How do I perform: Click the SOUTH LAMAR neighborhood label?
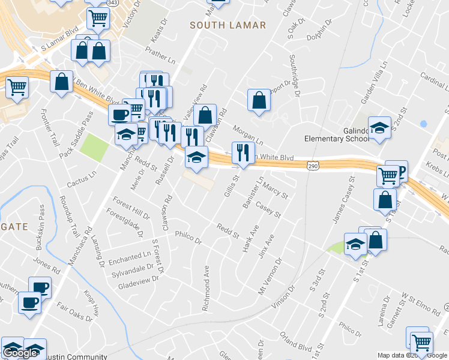228,25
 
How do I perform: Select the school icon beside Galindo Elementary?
378,127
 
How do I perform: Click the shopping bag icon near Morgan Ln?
259,100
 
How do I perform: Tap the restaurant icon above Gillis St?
243,152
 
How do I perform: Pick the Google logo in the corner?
20,352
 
